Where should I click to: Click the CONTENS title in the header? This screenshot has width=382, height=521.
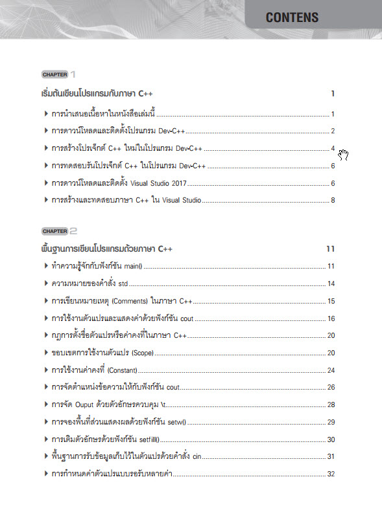tap(292, 17)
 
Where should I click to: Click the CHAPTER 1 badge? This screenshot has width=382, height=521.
tap(54, 74)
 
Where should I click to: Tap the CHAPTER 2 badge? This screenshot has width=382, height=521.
tap(54, 231)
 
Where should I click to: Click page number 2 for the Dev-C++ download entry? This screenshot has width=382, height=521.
tap(332, 131)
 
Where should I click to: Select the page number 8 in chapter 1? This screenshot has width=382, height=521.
tap(332, 201)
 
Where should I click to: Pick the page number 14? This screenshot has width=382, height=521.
tap(331, 283)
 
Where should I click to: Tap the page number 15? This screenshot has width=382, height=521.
tap(331, 301)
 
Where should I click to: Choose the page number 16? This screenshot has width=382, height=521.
tap(331, 318)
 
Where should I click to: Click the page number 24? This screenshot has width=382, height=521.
tap(331, 370)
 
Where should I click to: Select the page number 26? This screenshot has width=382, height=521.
tap(331, 387)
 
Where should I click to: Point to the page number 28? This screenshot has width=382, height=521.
tap(331, 405)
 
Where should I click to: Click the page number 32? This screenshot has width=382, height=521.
tap(331, 474)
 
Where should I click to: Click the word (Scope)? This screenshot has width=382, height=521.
tap(142, 353)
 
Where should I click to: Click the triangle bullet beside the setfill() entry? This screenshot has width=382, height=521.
tap(44, 439)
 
